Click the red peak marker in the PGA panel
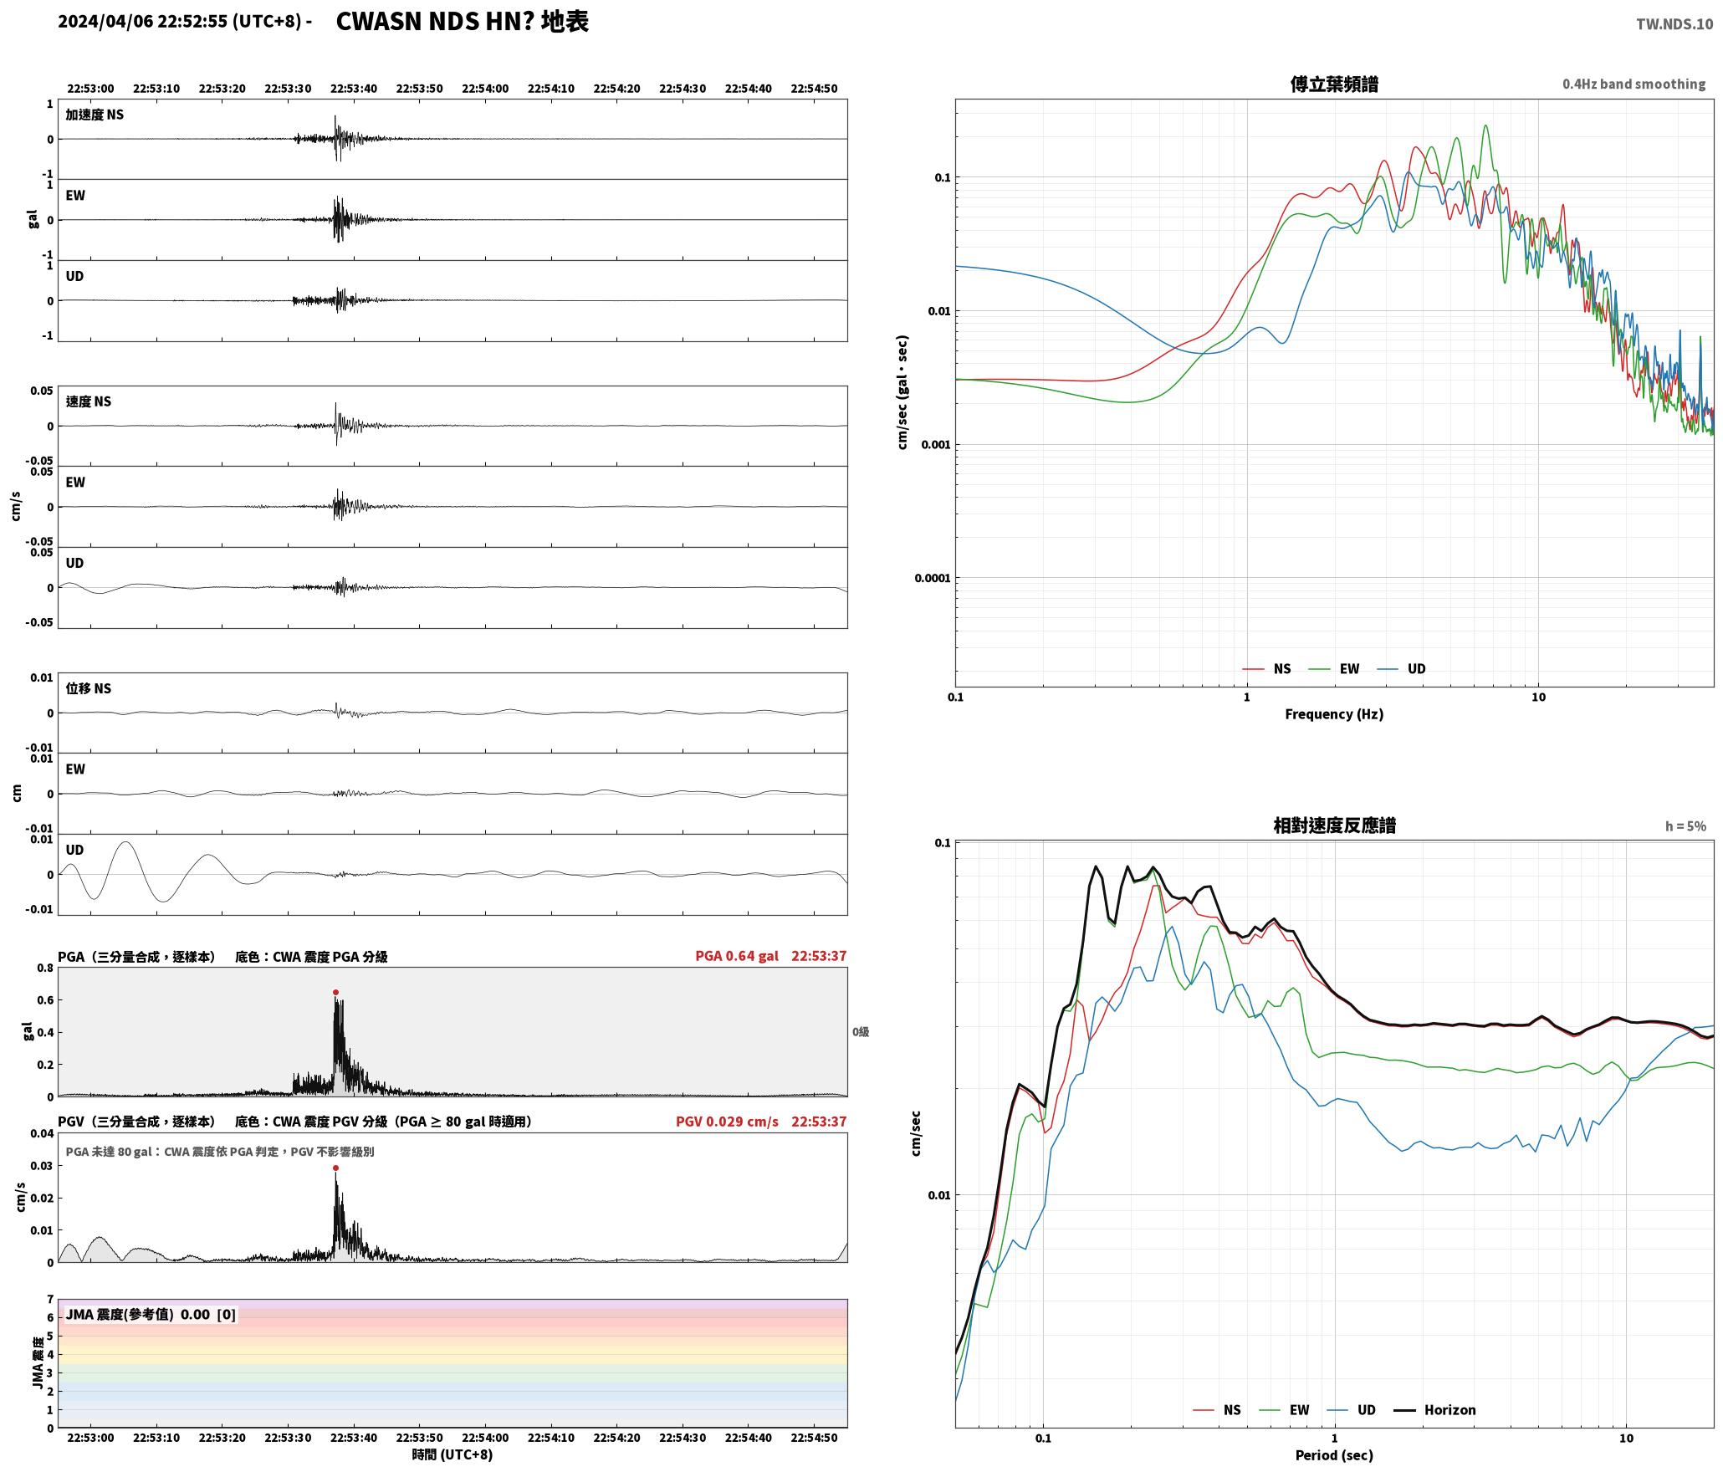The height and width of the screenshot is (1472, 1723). [335, 992]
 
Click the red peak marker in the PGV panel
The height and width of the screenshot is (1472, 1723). [335, 1168]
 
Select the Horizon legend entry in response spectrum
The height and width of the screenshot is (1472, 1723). [1434, 1409]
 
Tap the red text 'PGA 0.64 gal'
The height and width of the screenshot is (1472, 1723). [737, 955]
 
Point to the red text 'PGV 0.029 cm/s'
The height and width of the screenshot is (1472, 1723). [727, 1121]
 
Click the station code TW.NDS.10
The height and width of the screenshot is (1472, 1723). [1674, 24]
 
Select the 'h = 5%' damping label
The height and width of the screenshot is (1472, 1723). [1685, 825]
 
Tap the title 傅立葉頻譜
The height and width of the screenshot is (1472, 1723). [1334, 84]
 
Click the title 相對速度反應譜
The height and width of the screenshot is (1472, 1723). [1334, 825]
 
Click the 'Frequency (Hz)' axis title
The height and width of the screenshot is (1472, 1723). [1334, 713]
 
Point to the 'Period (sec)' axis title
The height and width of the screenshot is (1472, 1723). [1334, 1454]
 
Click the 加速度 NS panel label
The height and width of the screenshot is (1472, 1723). [95, 115]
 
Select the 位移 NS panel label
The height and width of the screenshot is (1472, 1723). [89, 688]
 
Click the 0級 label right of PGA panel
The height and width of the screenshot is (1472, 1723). [861, 1031]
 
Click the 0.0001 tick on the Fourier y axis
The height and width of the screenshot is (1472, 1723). [933, 578]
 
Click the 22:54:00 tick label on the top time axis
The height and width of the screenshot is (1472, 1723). [485, 88]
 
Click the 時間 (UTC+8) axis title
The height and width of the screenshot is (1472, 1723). [452, 1454]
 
